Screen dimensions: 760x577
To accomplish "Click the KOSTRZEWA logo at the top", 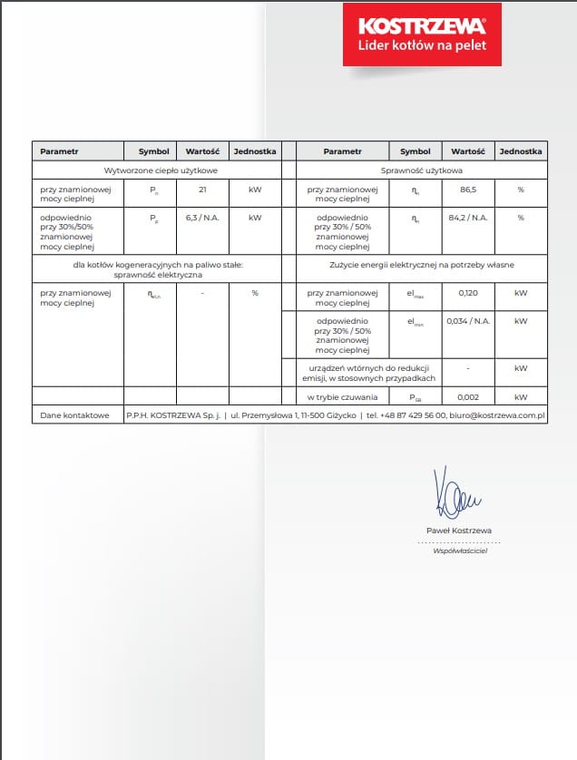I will tap(422, 24).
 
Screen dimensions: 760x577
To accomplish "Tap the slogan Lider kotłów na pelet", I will tap(422, 44).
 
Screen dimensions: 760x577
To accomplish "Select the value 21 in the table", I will tap(201, 190).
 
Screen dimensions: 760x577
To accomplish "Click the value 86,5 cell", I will tap(468, 190).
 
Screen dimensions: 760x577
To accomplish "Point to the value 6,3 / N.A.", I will tap(201, 218).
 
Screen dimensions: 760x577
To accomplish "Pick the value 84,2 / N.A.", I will tap(468, 218).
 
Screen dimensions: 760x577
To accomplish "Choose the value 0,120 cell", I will tap(468, 293).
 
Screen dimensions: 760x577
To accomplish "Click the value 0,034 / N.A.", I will tap(468, 321).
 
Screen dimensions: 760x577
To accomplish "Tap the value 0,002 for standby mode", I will tap(468, 397).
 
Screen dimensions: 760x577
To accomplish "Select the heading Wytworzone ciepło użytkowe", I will tap(155, 170).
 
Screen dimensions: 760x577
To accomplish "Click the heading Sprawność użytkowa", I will tap(422, 170).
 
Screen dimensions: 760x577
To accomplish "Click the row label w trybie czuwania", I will tap(341, 397).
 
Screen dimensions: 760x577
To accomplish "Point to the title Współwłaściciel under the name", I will tap(460, 551).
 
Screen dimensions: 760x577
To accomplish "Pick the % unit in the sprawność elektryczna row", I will tap(255, 293).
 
